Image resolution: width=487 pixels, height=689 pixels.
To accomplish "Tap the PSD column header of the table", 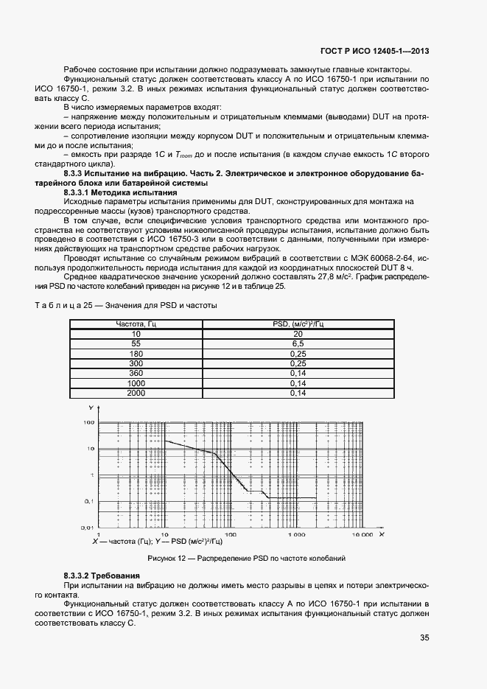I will (298, 323).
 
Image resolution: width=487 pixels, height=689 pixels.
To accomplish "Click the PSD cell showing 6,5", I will (298, 343).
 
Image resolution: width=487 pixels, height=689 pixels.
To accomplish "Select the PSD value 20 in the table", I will (298, 334).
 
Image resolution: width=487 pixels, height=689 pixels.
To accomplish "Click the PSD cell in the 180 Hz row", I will (298, 354).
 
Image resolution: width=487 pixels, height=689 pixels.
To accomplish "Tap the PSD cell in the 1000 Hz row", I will (298, 384).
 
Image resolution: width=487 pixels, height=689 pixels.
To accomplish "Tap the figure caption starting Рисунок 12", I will (246, 558).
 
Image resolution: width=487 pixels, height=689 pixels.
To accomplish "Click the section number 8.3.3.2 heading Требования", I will (102, 574).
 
